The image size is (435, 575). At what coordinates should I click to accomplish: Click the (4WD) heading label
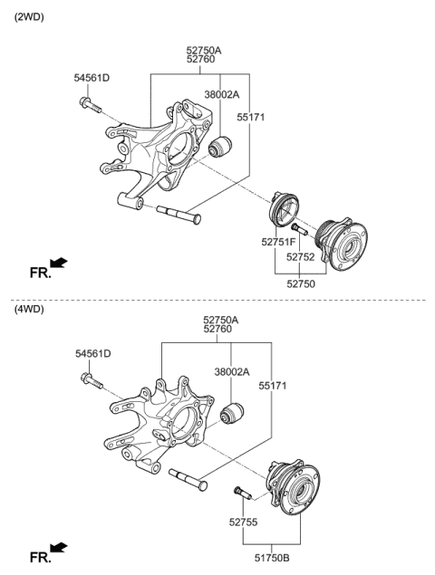(x=28, y=309)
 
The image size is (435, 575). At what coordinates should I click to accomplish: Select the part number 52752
(x=302, y=257)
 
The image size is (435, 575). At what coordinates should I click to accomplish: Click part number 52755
(x=244, y=522)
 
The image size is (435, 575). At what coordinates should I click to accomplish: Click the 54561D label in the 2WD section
(x=92, y=78)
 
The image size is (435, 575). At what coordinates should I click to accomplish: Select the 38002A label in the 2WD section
(x=221, y=94)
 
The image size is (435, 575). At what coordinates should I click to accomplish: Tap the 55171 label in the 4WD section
(x=274, y=386)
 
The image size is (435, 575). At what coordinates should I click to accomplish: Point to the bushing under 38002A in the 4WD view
(x=233, y=416)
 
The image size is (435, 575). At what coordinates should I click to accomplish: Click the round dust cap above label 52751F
(x=285, y=216)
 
